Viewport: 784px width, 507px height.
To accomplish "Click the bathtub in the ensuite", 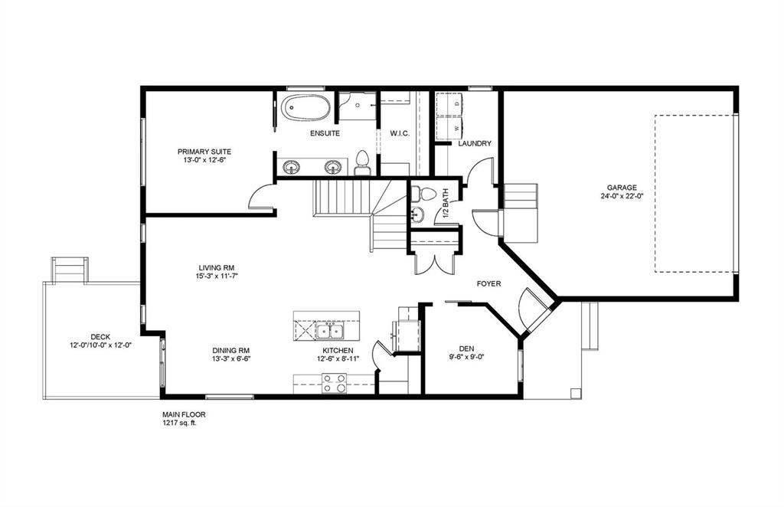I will pyautogui.click(x=305, y=107).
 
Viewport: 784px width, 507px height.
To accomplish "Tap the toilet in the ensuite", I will pyautogui.click(x=362, y=160).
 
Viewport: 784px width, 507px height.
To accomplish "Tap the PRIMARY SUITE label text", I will pyautogui.click(x=204, y=152).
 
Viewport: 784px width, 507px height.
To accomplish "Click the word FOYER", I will pyautogui.click(x=488, y=283).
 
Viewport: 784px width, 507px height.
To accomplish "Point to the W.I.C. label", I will pyautogui.click(x=400, y=134).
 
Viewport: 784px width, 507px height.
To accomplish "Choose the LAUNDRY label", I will pyautogui.click(x=474, y=144).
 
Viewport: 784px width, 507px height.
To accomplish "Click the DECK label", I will pyautogui.click(x=100, y=336).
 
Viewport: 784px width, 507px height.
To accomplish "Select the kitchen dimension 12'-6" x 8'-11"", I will pyautogui.click(x=338, y=359).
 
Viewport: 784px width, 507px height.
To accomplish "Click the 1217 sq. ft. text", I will pyautogui.click(x=179, y=423).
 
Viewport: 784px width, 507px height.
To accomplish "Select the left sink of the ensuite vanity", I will pyautogui.click(x=291, y=166).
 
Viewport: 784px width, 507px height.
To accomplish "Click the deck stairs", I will pyautogui.click(x=70, y=270).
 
